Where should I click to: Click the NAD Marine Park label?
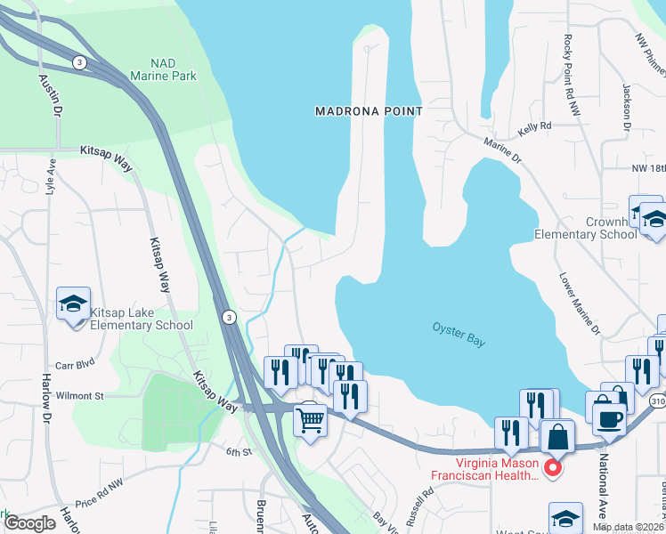163,69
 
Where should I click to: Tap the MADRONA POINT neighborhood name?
369,111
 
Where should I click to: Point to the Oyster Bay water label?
459,335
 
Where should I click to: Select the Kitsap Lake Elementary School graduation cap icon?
74,303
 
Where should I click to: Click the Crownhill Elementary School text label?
586,229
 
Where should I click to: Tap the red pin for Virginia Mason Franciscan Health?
552,467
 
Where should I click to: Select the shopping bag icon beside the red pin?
557,437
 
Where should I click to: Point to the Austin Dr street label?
52,96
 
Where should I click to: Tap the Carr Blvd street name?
74,365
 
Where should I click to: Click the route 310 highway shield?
657,402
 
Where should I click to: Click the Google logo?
29,523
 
